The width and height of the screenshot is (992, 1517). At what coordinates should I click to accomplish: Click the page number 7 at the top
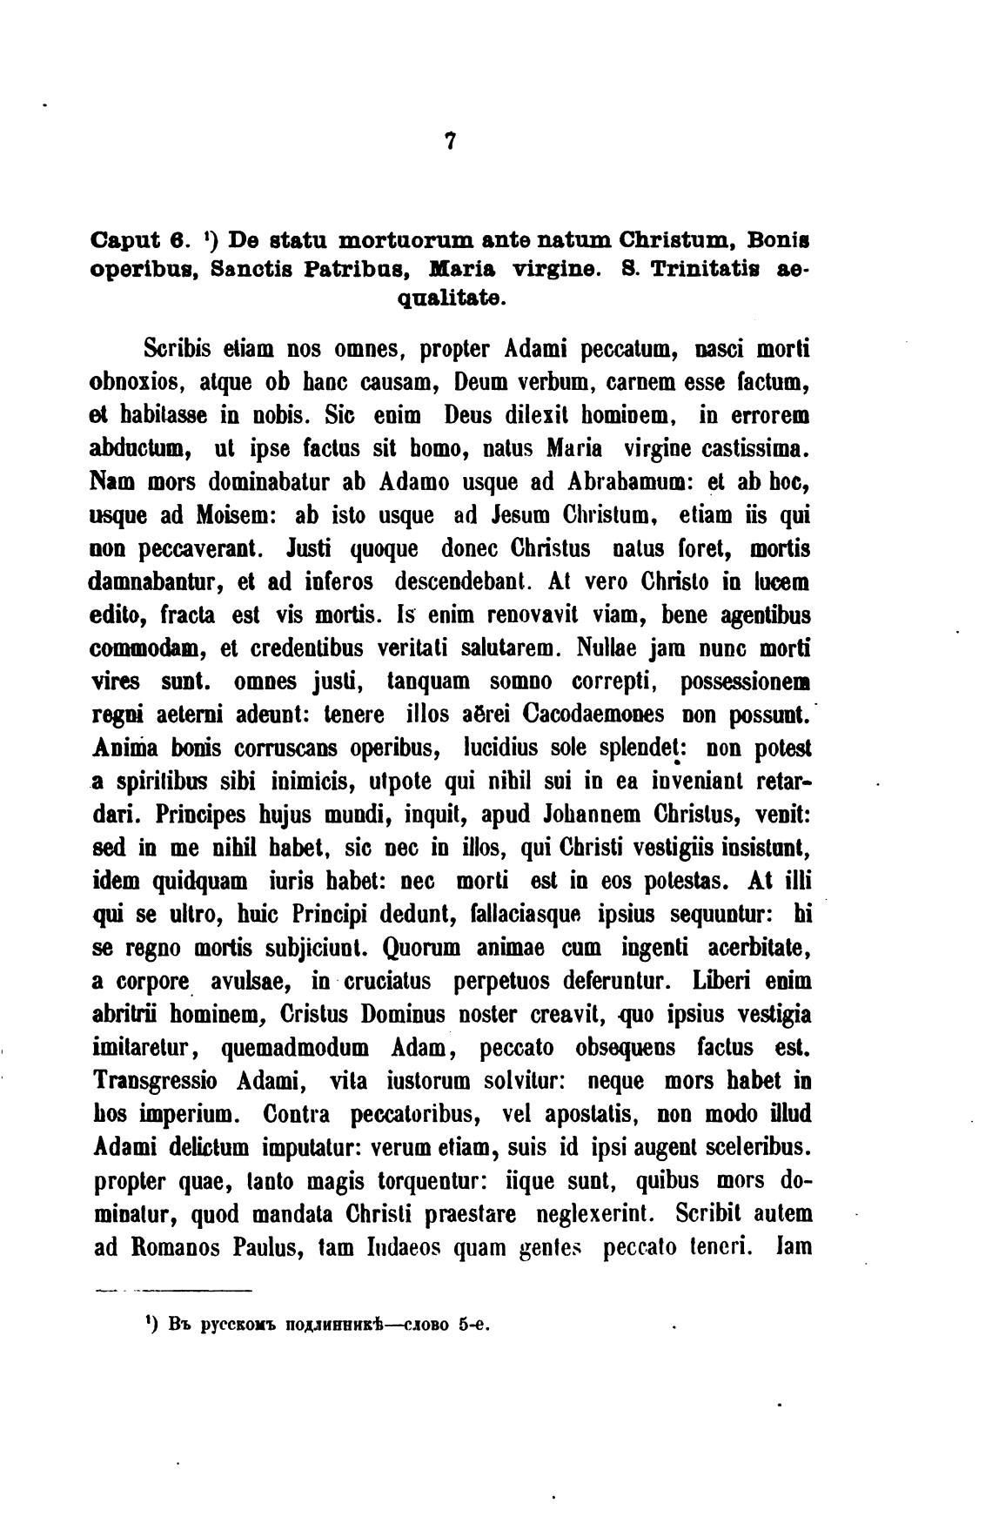[x=450, y=142]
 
